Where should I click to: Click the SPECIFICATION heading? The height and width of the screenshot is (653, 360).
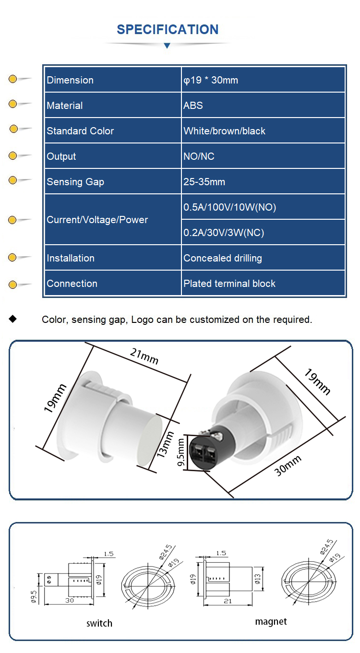click(168, 29)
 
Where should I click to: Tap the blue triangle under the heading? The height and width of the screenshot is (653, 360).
click(167, 46)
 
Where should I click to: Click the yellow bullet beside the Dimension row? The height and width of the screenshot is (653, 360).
click(13, 79)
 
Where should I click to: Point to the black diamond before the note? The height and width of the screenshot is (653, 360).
click(13, 319)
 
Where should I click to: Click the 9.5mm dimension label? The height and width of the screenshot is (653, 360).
click(181, 453)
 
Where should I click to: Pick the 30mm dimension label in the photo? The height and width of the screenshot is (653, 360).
click(288, 465)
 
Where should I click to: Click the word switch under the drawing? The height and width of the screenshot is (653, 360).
click(99, 623)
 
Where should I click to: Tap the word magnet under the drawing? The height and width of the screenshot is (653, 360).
click(271, 621)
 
